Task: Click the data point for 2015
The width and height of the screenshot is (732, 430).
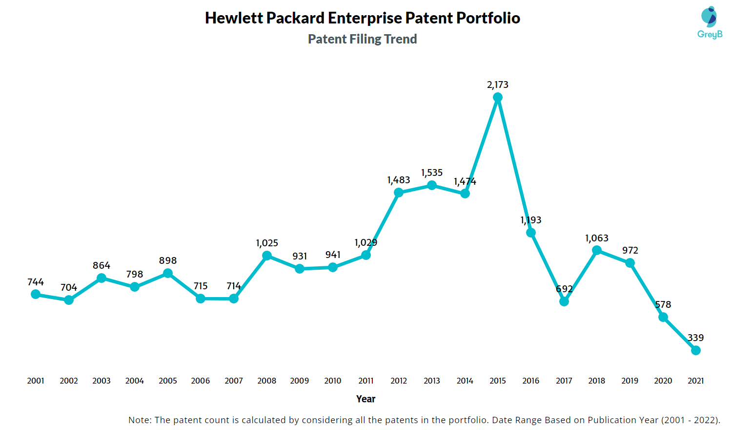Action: (x=498, y=98)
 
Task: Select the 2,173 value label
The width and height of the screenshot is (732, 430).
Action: (x=498, y=85)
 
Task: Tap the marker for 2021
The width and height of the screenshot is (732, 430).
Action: (x=696, y=350)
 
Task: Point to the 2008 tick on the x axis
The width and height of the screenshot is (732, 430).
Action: (x=267, y=381)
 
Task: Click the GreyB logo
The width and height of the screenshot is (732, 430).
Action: (x=710, y=22)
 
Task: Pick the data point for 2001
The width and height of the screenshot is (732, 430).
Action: (x=36, y=294)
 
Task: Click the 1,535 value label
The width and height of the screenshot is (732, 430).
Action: (x=432, y=173)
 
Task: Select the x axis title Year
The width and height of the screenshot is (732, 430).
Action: (x=366, y=399)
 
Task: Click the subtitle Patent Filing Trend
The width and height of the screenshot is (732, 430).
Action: (x=362, y=39)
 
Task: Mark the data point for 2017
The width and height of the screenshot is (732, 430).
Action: (x=564, y=301)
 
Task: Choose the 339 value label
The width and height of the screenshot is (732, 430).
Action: (x=696, y=338)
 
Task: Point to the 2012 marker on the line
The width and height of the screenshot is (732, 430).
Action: (x=399, y=193)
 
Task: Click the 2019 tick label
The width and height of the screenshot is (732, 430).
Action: (x=630, y=381)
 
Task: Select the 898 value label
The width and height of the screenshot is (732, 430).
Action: (x=168, y=261)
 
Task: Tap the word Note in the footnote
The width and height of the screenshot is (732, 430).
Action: (x=139, y=420)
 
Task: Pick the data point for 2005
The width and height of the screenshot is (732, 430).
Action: (x=168, y=273)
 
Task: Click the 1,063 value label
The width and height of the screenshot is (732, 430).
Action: (x=597, y=238)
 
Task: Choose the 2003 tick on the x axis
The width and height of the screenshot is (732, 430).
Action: (x=102, y=381)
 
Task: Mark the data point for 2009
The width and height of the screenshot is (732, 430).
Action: (x=300, y=269)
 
